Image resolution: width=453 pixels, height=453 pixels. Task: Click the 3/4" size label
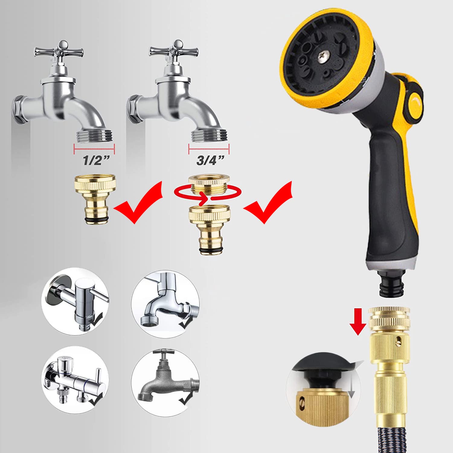coord(210,160)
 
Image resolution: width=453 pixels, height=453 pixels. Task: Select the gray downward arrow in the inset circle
coord(351,384)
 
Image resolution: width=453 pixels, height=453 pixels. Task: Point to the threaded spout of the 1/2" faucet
coord(95,136)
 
